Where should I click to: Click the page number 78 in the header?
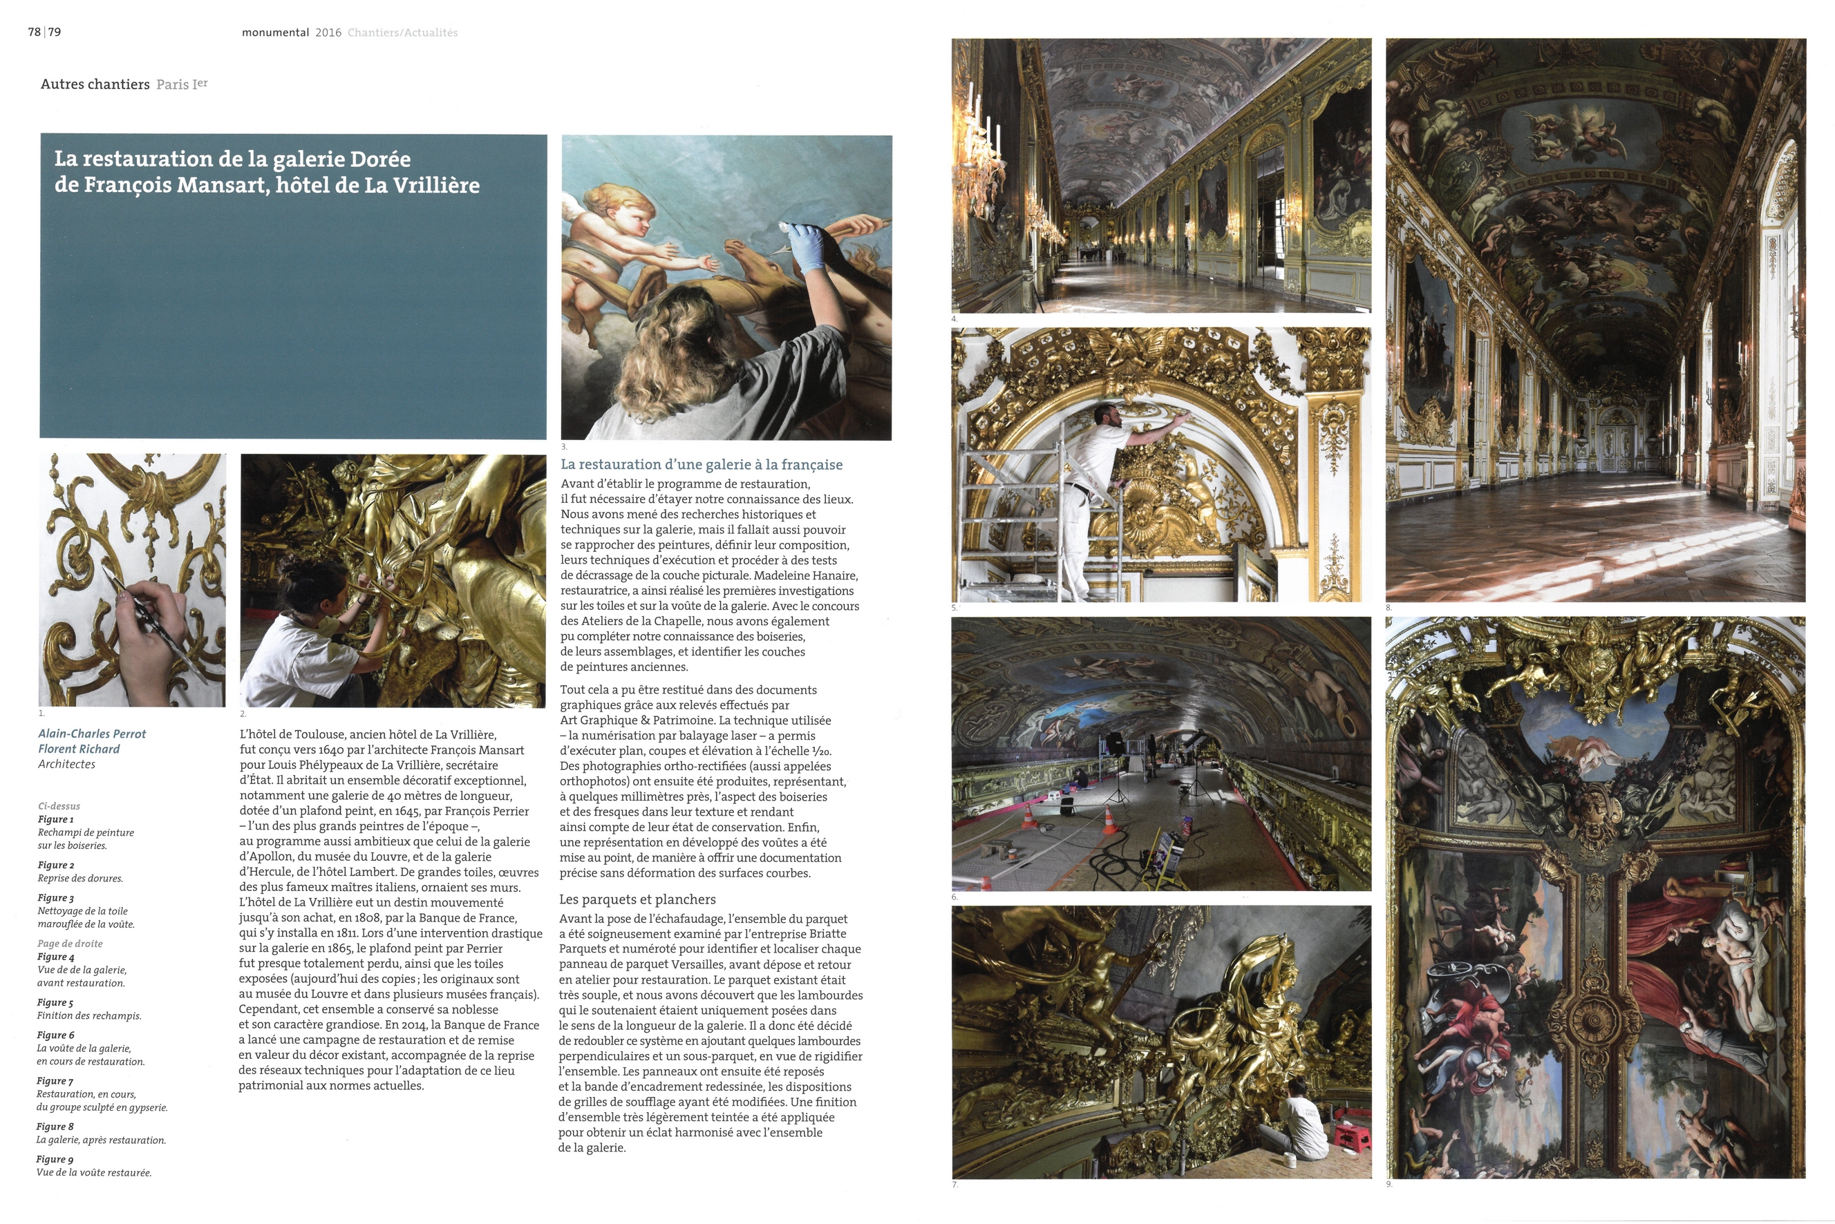point(35,32)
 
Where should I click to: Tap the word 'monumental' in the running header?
point(275,32)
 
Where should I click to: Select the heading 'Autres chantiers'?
point(95,84)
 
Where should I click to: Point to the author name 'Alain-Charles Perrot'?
point(92,734)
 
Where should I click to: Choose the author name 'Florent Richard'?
point(79,749)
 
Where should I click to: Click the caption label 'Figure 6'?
point(55,1035)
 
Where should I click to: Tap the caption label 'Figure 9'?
point(55,1159)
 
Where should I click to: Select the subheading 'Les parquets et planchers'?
point(637,899)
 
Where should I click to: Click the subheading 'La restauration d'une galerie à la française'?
point(702,464)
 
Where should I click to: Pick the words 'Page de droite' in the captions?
point(70,944)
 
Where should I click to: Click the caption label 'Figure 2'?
point(55,865)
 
